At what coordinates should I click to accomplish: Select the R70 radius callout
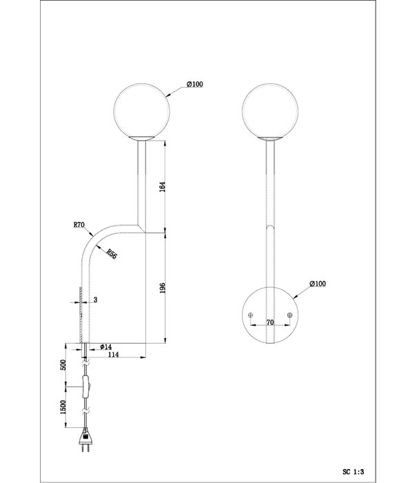point(80,224)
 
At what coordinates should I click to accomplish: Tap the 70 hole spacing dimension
point(270,321)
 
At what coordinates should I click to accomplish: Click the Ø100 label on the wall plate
point(318,284)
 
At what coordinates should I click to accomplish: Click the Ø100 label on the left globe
point(194,84)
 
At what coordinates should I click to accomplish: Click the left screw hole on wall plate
point(250,315)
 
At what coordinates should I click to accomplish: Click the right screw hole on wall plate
point(289,315)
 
